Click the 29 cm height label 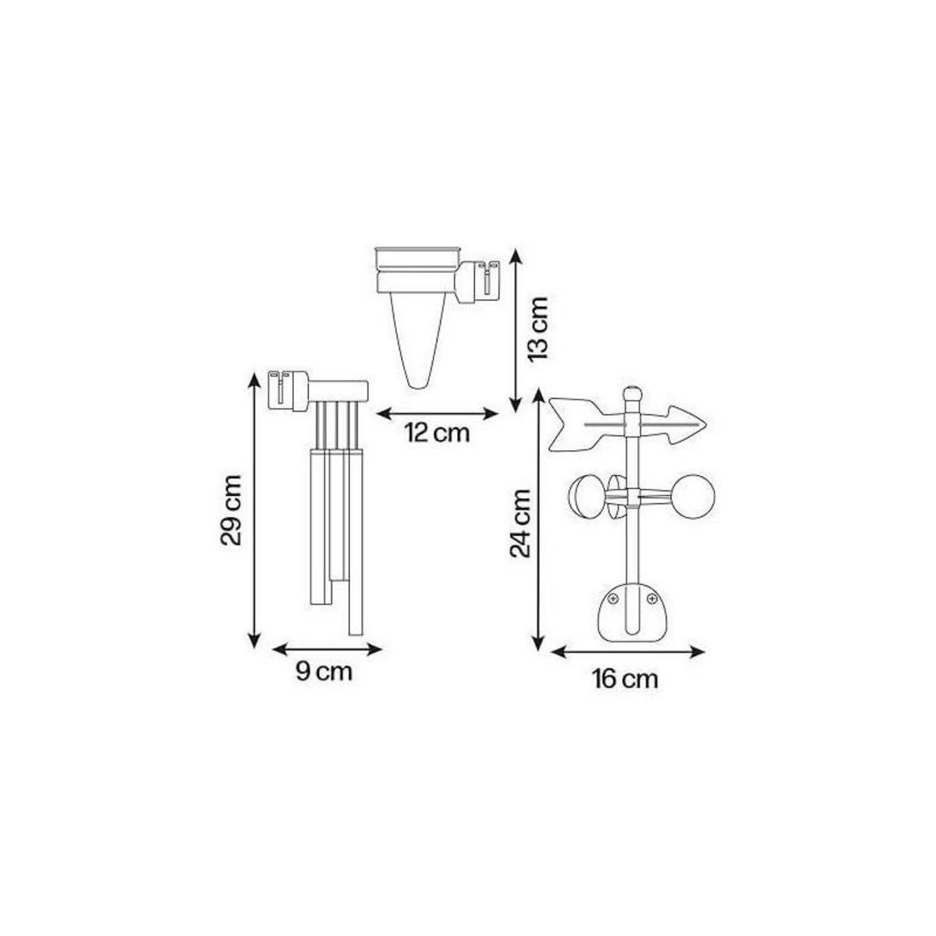click(x=235, y=511)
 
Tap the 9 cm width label click(x=324, y=672)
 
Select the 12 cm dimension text click(x=437, y=432)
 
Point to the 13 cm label click(x=537, y=328)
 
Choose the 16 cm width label click(x=625, y=679)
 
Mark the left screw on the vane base click(x=613, y=598)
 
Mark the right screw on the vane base click(x=651, y=598)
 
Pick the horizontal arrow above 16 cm click(x=628, y=651)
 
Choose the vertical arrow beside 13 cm click(x=514, y=328)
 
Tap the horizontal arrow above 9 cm click(x=327, y=647)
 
